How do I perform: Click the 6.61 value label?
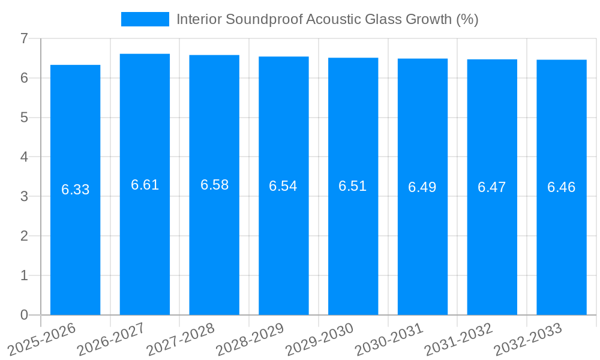click(x=145, y=185)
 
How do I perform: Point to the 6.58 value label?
click(x=214, y=185)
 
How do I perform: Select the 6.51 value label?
click(x=353, y=186)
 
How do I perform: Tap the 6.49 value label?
click(x=422, y=187)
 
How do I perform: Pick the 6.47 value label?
click(x=492, y=187)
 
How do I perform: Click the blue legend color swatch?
click(x=145, y=19)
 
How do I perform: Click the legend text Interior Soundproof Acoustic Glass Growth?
click(x=327, y=19)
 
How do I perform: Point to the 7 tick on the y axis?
click(x=24, y=39)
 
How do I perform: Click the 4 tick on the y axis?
click(x=24, y=157)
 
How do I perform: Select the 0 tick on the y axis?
click(x=24, y=315)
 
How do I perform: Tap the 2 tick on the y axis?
click(x=24, y=236)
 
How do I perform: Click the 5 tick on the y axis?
click(x=24, y=118)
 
